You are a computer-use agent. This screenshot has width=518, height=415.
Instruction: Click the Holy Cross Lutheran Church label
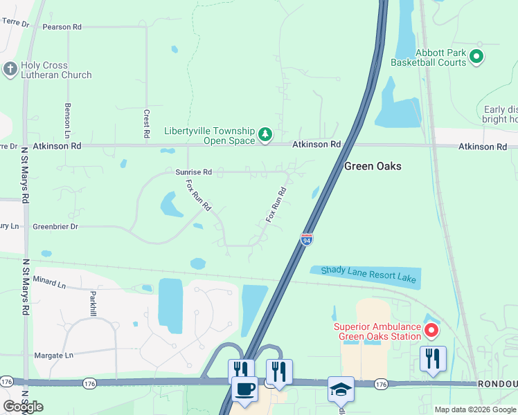pos(55,70)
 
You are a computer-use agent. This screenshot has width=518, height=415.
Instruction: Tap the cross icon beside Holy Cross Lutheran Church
pos(10,69)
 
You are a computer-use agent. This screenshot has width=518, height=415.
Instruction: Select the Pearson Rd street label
pos(62,26)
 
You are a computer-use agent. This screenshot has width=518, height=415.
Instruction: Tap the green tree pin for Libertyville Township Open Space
pos(265,134)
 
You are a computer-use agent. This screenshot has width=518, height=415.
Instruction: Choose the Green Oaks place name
pos(373,166)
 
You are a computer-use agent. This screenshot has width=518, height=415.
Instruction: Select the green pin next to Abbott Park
pos(476,57)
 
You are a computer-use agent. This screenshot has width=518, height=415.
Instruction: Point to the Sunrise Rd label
pos(194,172)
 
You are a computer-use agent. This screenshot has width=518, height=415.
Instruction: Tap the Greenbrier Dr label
pos(55,226)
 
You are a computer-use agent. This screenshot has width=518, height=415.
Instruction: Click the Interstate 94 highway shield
pos(307,239)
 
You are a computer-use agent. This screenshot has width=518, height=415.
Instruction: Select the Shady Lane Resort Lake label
pos(364,274)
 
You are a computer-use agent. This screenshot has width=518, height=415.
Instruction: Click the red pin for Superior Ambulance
pos(431,330)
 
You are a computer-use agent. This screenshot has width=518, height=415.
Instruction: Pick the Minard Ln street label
pos(48,284)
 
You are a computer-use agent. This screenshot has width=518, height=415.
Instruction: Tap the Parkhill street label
pos(93,303)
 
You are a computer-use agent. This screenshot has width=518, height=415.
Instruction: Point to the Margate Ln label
pos(53,356)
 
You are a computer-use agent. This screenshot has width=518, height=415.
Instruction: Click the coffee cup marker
pos(244,389)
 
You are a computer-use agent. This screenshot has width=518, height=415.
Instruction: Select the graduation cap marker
pos(341,389)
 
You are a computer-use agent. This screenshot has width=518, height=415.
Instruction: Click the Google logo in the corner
pos(22,407)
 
